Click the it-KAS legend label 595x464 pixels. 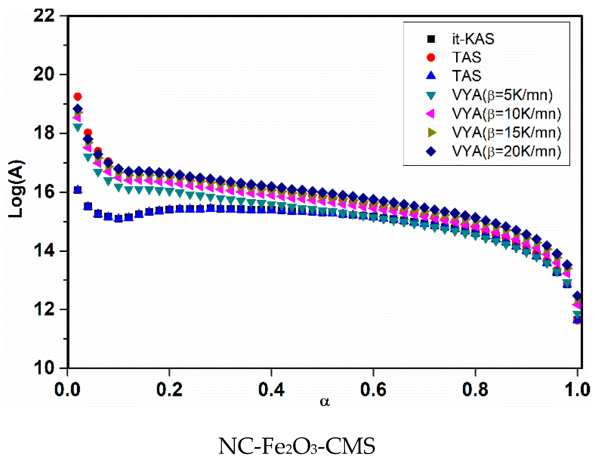473,39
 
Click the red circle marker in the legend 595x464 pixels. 431,57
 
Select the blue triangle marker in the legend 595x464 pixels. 431,75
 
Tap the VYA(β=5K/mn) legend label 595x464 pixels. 502,95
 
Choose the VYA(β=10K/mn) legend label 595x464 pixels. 506,113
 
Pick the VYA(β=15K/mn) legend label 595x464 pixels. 506,132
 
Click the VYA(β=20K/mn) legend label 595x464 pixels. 506,151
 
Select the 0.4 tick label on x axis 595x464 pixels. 271,389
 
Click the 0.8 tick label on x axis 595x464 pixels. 475,389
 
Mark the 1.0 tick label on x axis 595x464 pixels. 577,389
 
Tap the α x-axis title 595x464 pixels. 325,401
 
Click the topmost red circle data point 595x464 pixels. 78,97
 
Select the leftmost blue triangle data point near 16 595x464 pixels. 78,189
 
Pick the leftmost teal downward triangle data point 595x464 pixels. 78,127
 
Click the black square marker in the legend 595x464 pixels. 431,39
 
